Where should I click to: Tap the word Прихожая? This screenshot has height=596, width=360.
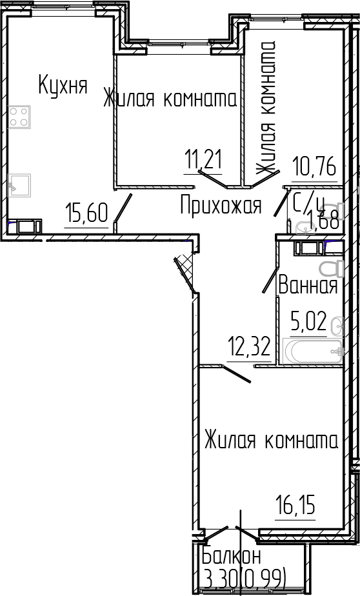coord(221,206)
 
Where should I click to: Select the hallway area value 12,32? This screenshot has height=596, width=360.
coord(248,349)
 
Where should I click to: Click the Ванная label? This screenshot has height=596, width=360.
coord(308,285)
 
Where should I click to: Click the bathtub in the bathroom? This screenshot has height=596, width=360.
coord(312,352)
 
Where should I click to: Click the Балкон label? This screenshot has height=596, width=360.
coord(232,556)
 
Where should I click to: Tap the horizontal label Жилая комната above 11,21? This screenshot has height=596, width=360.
coord(170,99)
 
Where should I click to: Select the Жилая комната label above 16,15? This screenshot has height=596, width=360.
coord(271,441)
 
